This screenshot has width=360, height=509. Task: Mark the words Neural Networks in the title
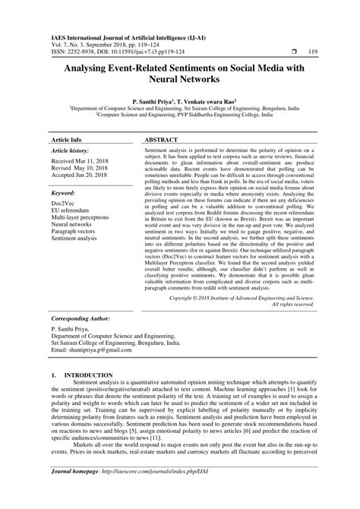[x=180, y=80]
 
